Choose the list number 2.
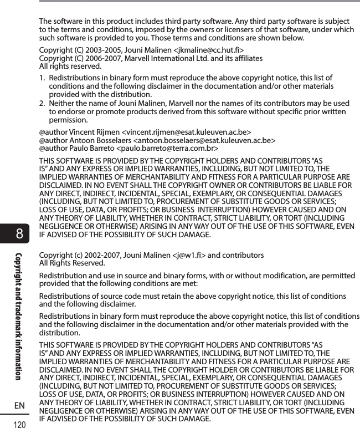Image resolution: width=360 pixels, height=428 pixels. [x=42, y=103]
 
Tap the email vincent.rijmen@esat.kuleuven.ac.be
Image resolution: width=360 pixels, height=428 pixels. [x=187, y=132]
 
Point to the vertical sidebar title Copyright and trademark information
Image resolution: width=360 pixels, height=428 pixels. [x=19, y=316]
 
